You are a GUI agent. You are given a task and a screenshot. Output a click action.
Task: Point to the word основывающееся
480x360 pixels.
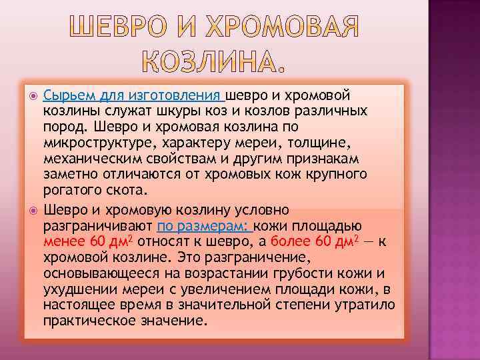click(x=95, y=272)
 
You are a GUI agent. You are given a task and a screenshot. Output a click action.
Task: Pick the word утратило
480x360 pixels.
click(x=366, y=303)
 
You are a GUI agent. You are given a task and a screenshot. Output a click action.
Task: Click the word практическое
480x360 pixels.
click(x=84, y=319)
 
